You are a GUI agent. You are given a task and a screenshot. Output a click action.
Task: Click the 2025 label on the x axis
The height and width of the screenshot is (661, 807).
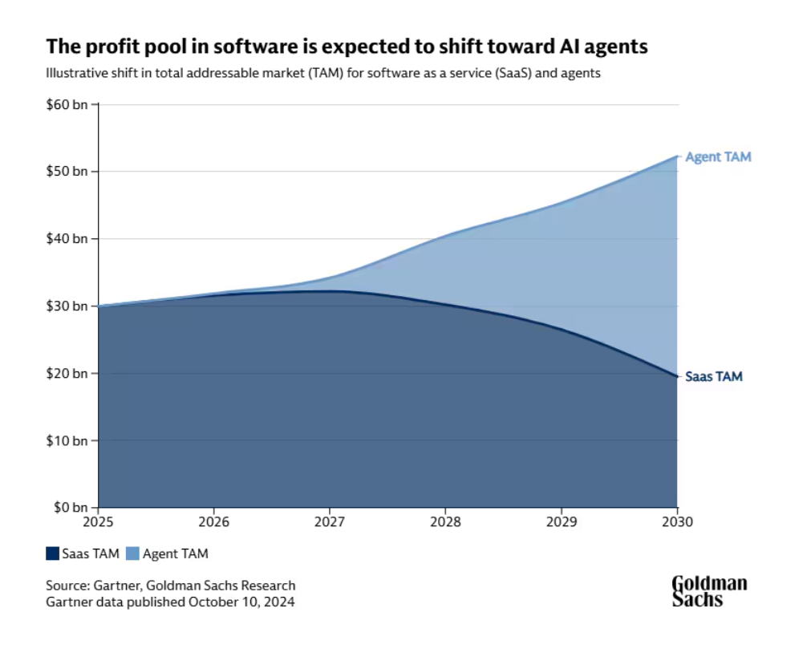[98, 521]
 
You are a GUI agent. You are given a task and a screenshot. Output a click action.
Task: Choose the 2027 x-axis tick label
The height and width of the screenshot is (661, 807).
[330, 521]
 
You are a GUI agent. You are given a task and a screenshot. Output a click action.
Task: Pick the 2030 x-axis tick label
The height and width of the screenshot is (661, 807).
[677, 521]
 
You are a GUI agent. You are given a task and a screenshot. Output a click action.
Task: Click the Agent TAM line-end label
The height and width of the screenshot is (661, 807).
[718, 157]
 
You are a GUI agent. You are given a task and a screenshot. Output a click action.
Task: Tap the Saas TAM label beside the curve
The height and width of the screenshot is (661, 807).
[713, 376]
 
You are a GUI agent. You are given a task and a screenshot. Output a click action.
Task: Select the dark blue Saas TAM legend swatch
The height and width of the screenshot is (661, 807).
[52, 554]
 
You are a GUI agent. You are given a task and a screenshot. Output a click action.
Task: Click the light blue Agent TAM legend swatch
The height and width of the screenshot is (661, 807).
[133, 554]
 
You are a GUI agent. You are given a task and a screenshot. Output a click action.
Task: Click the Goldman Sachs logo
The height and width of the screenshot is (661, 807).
[709, 591]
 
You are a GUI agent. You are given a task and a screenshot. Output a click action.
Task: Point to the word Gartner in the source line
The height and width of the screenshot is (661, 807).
[108, 586]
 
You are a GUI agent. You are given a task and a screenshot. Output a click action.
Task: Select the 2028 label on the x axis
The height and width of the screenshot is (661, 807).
[445, 521]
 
